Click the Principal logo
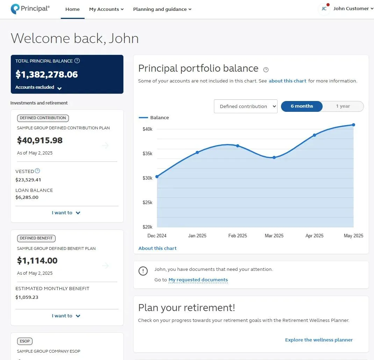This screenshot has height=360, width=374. click(x=30, y=9)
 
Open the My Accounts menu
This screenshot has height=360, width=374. click(x=106, y=9)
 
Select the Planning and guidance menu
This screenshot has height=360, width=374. click(x=162, y=9)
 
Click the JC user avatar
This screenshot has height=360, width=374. click(x=324, y=9)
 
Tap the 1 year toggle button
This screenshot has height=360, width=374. click(x=343, y=106)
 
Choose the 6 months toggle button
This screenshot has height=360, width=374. click(x=302, y=106)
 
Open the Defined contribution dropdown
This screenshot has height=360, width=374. click(x=245, y=106)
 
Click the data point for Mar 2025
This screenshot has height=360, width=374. click(x=274, y=158)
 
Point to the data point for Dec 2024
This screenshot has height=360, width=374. click(x=157, y=177)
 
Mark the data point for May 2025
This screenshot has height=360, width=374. click(x=353, y=125)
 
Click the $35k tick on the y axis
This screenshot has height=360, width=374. click(x=148, y=153)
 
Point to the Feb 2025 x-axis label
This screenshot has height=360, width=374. click(x=238, y=236)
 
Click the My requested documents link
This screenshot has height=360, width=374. click(x=198, y=280)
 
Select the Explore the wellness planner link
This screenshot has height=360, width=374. click(x=319, y=340)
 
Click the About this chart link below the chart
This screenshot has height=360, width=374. click(x=157, y=248)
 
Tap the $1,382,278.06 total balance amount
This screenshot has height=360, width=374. click(x=46, y=74)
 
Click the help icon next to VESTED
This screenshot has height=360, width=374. click(x=37, y=171)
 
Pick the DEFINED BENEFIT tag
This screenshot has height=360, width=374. click(x=36, y=238)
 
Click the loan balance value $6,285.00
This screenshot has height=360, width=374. click(x=27, y=197)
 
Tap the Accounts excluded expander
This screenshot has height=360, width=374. click(x=38, y=87)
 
